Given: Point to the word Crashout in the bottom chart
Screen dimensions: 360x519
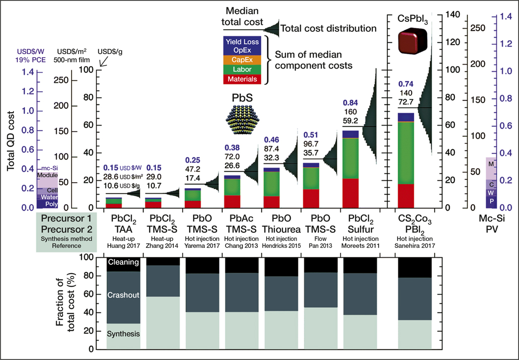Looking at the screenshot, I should [x=123, y=295].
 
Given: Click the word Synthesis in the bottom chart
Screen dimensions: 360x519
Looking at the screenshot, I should [x=123, y=334].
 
